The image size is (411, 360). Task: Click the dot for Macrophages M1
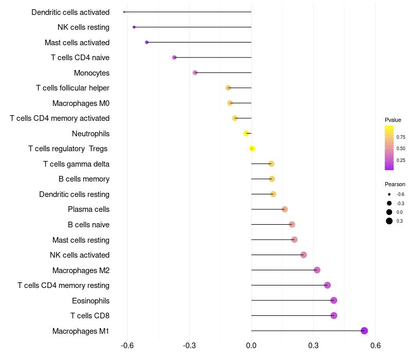tap(364, 331)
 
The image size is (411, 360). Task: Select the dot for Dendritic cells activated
tap(124, 12)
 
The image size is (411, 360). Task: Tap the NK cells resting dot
tap(134, 27)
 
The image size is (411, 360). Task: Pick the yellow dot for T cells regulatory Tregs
tap(252, 149)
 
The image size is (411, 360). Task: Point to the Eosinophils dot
tap(334, 300)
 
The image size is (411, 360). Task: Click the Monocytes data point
tap(195, 73)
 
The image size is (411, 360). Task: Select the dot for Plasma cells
tap(285, 209)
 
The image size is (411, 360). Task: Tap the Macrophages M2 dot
tap(317, 270)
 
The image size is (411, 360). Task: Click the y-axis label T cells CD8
tap(90, 316)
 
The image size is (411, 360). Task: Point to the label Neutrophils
tap(90, 134)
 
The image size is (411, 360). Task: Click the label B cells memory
tap(84, 179)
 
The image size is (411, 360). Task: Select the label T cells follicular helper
tap(72, 88)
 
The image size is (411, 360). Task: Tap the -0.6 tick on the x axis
tap(127, 346)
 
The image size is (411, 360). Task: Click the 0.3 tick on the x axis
tap(313, 346)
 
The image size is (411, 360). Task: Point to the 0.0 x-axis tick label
tap(251, 346)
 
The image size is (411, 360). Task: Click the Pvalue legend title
tap(393, 120)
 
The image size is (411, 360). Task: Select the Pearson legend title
tap(395, 184)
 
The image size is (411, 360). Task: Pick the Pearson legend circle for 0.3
tap(389, 221)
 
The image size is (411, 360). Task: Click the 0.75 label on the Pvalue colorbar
tap(401, 137)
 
